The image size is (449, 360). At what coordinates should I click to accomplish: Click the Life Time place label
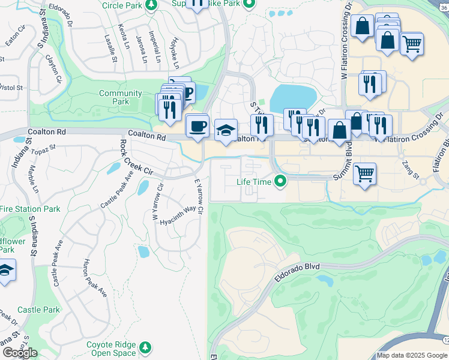click(x=255, y=181)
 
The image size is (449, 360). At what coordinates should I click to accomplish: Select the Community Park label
click(x=120, y=97)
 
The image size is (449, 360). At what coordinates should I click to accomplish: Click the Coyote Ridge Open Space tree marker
click(x=145, y=347)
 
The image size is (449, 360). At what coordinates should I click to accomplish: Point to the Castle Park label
click(x=38, y=310)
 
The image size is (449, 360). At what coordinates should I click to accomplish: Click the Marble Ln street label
click(x=32, y=178)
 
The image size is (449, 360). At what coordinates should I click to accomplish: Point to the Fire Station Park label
click(x=30, y=209)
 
